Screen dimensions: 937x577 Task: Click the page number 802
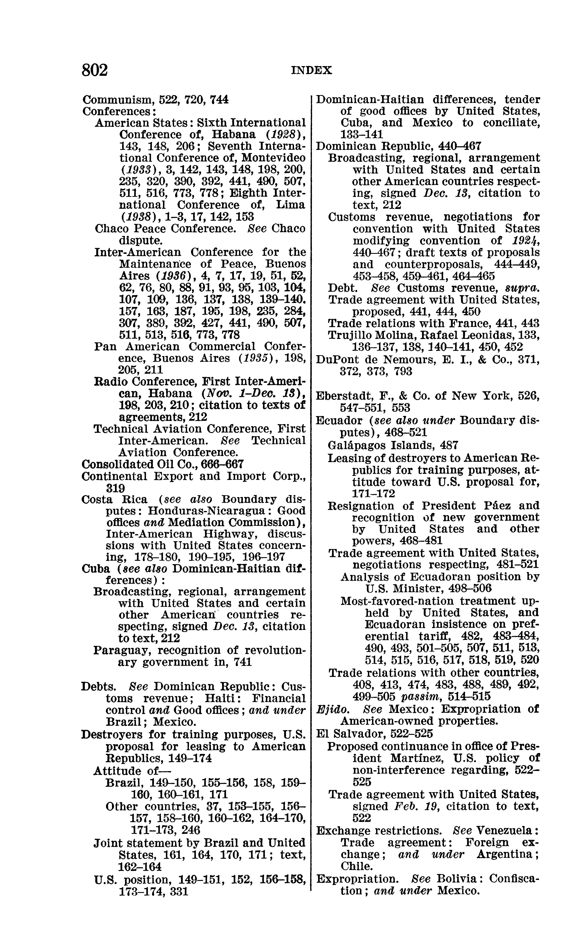[95, 70]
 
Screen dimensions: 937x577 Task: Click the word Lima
[291, 205]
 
